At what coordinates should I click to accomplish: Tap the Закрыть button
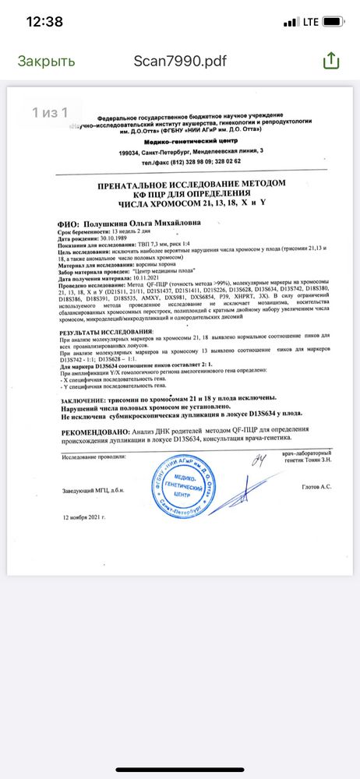tap(47, 61)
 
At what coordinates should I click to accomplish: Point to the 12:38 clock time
tap(44, 22)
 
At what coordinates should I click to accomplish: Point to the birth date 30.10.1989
tap(111, 238)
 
